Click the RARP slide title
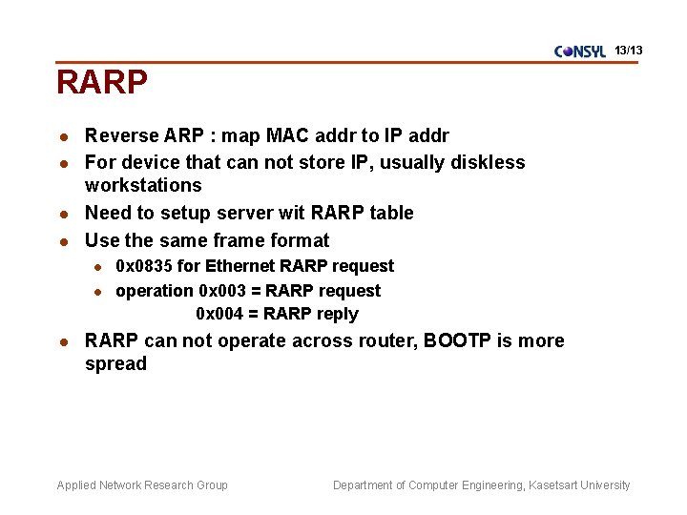pos(102,83)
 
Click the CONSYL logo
pos(579,51)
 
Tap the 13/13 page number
pos(629,49)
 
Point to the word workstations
pos(143,185)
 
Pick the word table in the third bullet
pos(390,213)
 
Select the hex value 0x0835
pos(144,266)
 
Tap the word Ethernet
pos(241,266)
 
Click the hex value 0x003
pos(223,291)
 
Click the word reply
pos(338,314)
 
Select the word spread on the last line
pos(115,363)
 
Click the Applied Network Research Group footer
pos(142,485)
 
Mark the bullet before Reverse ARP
pos(62,136)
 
